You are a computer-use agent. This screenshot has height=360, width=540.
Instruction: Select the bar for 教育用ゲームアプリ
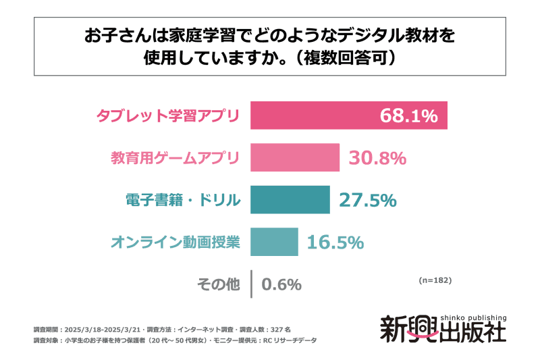pos(295,157)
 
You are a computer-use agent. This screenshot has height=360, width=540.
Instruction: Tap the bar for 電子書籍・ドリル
pos(290,200)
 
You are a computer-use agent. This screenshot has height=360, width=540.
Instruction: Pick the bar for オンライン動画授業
pos(274,242)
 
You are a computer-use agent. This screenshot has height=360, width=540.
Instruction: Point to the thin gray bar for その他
pos(251,284)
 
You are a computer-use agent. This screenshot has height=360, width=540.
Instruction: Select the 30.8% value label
pos(377,158)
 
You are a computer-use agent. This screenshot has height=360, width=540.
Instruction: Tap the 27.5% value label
pos(368,200)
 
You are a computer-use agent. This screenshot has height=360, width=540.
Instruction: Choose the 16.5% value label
pos(335,242)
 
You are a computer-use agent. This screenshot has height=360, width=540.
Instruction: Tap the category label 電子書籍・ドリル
pos(182,200)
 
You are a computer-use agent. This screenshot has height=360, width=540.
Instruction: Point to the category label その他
pos(218,284)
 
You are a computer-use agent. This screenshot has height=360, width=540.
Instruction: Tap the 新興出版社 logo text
pos(442,330)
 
